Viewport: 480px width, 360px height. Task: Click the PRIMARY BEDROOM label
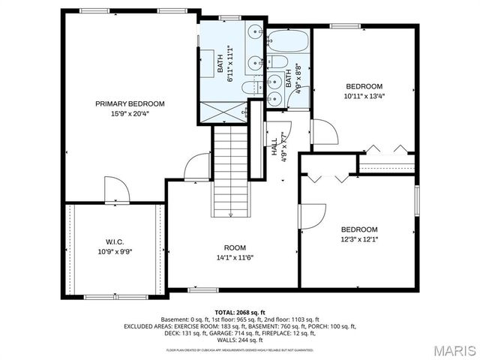coord(130,103)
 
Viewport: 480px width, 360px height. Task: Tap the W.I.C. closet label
coord(115,241)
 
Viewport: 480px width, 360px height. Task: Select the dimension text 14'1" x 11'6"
coord(235,258)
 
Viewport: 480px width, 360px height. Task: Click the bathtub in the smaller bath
coord(288,40)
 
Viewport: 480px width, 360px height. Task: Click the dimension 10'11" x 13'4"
coord(363,96)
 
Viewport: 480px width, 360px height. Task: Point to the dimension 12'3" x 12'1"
coord(359,240)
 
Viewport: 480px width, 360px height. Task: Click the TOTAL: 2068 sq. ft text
coord(240,312)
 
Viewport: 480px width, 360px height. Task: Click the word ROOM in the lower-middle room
coord(235,248)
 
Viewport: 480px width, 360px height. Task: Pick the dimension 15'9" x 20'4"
coord(130,114)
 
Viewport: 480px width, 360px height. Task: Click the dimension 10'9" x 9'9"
coord(115,252)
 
